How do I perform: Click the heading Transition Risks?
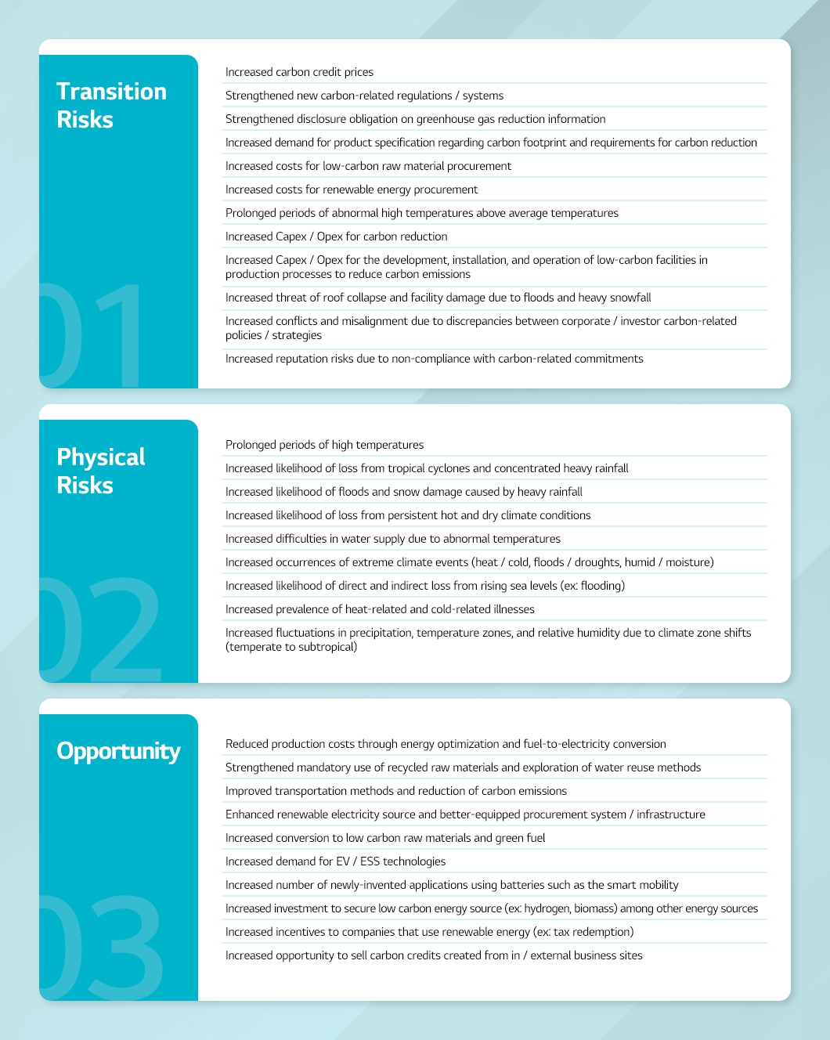111,105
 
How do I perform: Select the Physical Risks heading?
101,471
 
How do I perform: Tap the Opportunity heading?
118,751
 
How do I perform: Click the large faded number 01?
94,335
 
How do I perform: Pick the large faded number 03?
102,945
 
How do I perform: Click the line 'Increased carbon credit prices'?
299,72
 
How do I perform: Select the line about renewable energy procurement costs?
352,190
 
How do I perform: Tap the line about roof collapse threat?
438,298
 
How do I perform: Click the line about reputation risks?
434,359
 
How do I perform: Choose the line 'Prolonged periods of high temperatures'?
324,445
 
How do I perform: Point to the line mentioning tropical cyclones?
427,468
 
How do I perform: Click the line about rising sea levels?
425,586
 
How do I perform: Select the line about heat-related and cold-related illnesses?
380,609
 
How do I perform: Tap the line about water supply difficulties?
393,539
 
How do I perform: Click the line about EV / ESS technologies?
335,861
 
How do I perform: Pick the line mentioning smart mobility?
452,885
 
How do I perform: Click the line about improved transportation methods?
396,791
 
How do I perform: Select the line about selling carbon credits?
434,955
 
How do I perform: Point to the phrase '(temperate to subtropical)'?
291,647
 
